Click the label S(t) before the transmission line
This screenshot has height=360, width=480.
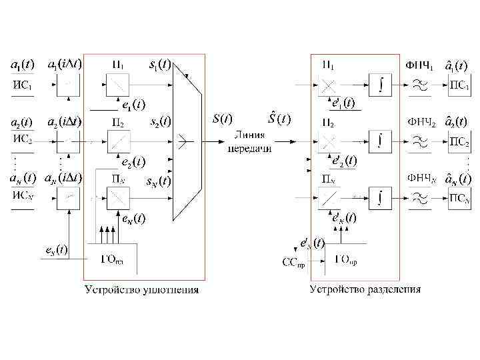(221, 119)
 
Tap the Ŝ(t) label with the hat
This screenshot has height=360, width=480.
(278, 119)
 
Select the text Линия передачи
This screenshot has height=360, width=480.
(249, 142)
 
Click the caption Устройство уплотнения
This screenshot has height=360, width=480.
(141, 289)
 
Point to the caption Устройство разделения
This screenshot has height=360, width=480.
(365, 289)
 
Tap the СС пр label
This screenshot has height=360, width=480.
(293, 263)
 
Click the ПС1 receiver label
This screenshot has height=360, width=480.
(457, 85)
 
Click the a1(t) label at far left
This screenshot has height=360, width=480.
(23, 65)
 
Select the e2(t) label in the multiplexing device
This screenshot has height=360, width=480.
(133, 161)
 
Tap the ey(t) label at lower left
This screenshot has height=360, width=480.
(55, 249)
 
